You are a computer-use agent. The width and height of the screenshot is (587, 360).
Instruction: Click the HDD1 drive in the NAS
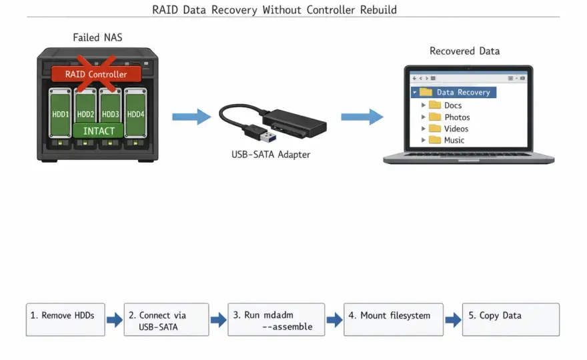pyautogui.click(x=60, y=113)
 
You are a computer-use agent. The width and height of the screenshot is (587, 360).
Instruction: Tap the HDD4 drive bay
pyautogui.click(x=135, y=113)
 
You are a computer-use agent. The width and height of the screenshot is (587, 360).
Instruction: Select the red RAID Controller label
pyautogui.click(x=96, y=74)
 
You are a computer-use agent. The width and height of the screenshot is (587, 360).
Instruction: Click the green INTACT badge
pyautogui.click(x=99, y=131)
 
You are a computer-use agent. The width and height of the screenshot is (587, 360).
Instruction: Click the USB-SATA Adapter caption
pyautogui.click(x=271, y=155)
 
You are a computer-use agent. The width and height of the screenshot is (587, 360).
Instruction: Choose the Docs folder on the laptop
pyautogui.click(x=445, y=105)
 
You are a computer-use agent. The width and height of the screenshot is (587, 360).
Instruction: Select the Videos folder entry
pyautogui.click(x=448, y=129)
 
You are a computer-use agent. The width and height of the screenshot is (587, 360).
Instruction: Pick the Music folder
pyautogui.click(x=446, y=140)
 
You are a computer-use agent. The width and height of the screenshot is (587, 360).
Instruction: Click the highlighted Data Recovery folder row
pyautogui.click(x=454, y=92)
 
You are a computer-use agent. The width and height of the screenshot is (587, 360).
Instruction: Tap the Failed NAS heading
pyautogui.click(x=97, y=37)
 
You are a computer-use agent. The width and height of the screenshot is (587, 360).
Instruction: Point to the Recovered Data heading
pyautogui.click(x=464, y=51)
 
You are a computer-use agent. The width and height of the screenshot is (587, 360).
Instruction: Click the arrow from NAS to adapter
pyautogui.click(x=191, y=117)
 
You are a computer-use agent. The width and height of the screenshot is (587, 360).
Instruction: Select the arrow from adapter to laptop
pyautogui.click(x=362, y=117)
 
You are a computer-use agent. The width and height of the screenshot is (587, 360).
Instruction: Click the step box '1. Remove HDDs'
pyautogui.click(x=65, y=319)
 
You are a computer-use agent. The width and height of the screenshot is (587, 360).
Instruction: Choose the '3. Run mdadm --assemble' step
pyautogui.click(x=276, y=319)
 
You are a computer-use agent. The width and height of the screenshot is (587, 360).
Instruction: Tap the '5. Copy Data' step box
pyautogui.click(x=511, y=319)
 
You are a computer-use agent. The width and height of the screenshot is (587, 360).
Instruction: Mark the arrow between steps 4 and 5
pyautogui.click(x=453, y=319)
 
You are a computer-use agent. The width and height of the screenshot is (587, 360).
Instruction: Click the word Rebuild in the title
pyautogui.click(x=378, y=10)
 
